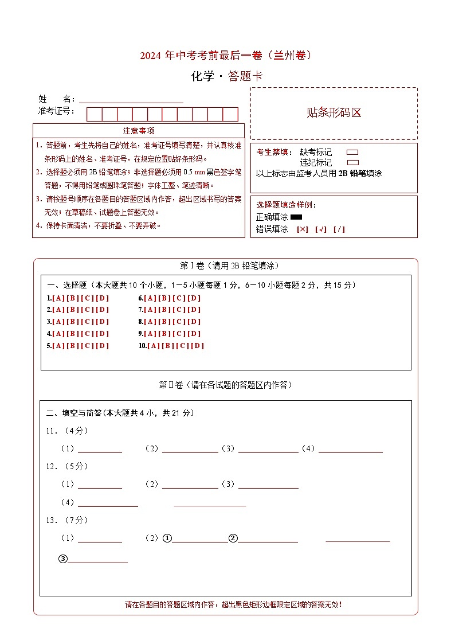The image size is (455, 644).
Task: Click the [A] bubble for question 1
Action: (58, 298)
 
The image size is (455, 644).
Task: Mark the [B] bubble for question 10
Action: (168, 346)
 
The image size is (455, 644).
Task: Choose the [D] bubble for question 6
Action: (194, 298)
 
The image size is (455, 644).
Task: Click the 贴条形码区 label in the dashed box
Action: (334, 113)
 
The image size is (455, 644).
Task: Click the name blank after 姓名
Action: (131, 100)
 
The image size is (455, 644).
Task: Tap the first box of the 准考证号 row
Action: (94, 114)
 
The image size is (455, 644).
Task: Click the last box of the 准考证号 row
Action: (230, 114)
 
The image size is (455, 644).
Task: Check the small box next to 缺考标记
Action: (352, 153)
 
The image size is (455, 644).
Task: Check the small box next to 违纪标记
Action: (352, 163)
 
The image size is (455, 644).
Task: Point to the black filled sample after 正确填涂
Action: (296, 217)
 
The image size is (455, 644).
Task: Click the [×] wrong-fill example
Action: (302, 229)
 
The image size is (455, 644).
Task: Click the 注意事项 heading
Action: (139, 131)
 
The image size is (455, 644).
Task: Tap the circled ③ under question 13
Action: (63, 560)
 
